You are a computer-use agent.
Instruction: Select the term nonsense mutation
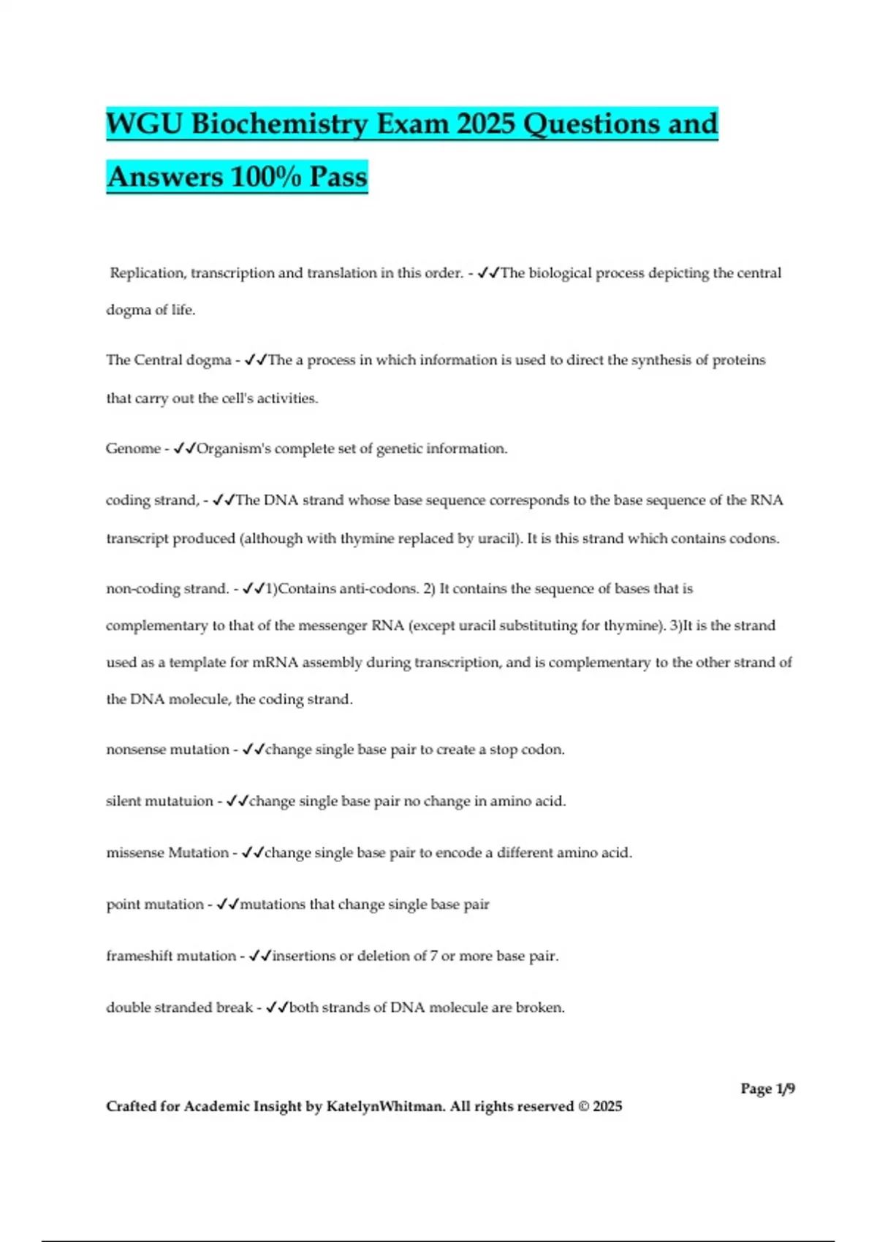tap(167, 750)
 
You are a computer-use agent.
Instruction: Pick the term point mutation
tap(155, 904)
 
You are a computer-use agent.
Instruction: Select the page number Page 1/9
tap(767, 1089)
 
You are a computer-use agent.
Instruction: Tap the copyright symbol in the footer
tap(583, 1106)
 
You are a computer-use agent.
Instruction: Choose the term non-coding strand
tap(167, 589)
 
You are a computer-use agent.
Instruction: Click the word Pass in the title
tap(338, 177)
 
